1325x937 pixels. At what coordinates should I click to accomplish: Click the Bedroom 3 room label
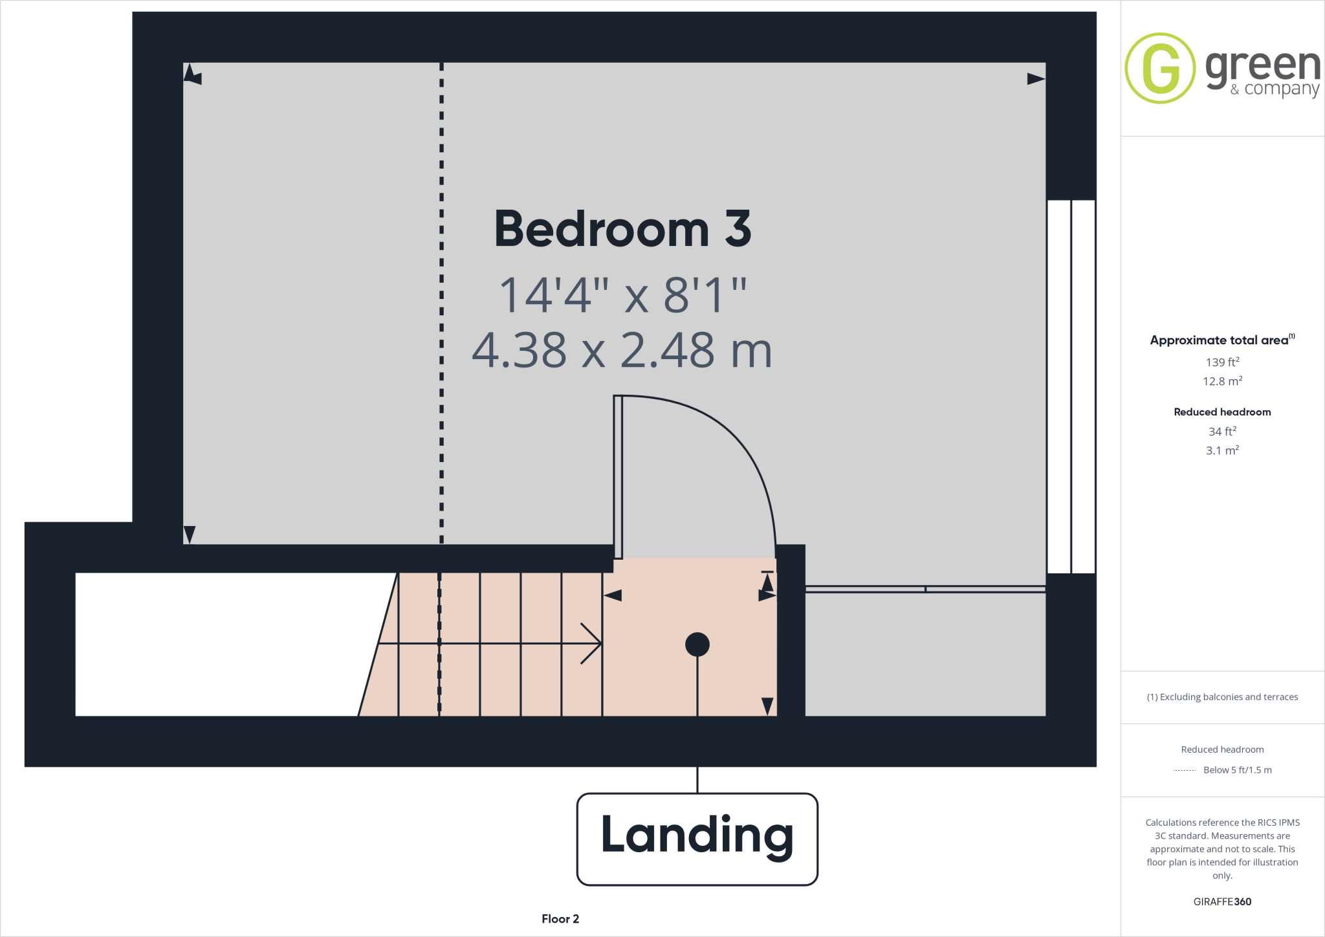point(622,230)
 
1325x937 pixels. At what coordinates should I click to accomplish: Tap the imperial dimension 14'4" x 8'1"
point(622,295)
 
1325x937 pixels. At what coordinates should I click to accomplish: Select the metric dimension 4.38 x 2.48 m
point(622,350)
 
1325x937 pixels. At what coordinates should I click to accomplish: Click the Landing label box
point(697,839)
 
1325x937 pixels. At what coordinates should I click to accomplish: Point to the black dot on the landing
point(697,645)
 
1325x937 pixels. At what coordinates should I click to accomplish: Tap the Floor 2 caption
point(560,919)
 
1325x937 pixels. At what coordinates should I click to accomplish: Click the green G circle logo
point(1159,68)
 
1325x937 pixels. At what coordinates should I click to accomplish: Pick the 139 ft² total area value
point(1222,362)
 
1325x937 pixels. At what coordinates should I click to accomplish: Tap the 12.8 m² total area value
point(1222,381)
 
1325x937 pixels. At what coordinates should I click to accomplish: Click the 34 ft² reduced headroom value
point(1222,431)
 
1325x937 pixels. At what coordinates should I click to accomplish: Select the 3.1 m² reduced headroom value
point(1222,450)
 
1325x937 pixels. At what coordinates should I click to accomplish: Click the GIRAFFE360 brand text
point(1222,901)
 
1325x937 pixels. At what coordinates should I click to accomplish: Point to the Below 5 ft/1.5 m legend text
point(1237,770)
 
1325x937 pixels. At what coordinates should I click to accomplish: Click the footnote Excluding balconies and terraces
point(1222,697)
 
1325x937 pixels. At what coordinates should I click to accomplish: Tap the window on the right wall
point(1071,386)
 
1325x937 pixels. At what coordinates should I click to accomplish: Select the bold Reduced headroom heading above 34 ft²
point(1222,412)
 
